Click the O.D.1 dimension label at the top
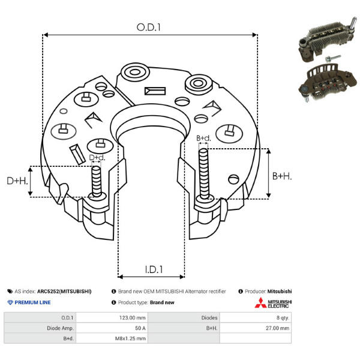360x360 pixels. (149, 26)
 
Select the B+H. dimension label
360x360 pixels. (282, 176)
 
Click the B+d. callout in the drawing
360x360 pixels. (204, 139)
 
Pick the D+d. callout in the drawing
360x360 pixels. (97, 158)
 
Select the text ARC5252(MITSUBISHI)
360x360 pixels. (64, 291)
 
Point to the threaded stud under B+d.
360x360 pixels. (204, 174)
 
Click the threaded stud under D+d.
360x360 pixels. (96, 182)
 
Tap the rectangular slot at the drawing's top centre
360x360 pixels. (155, 92)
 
